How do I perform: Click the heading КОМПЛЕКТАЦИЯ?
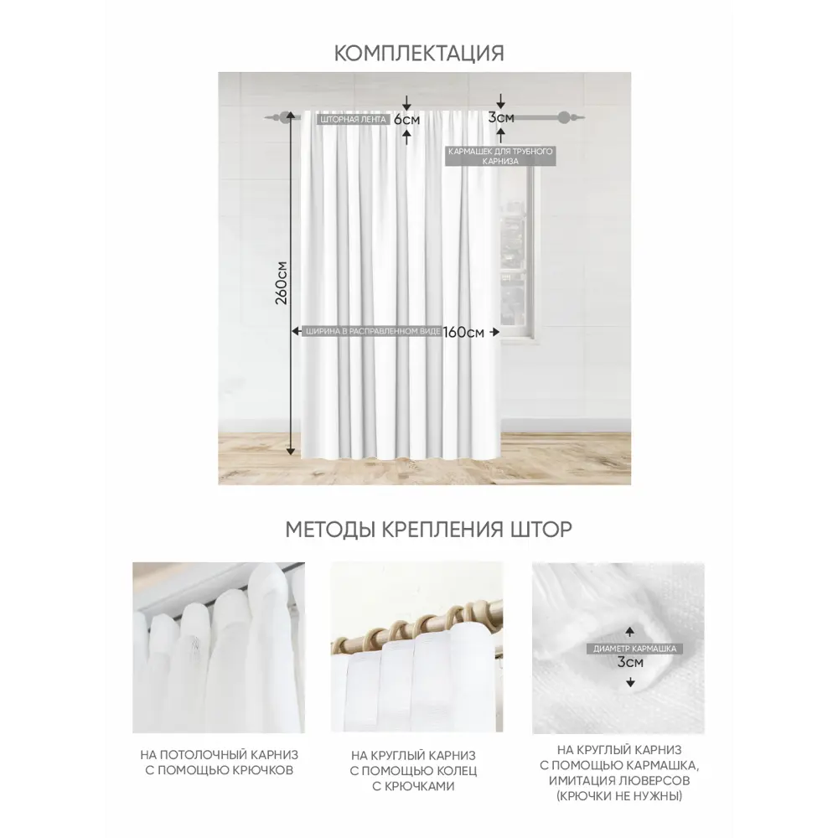click(x=419, y=54)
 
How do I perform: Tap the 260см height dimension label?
click(x=281, y=283)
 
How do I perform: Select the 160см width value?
click(x=463, y=332)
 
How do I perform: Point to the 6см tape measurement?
click(x=407, y=119)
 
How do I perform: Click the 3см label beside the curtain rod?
click(x=501, y=117)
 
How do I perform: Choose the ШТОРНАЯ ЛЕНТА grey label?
click(x=354, y=119)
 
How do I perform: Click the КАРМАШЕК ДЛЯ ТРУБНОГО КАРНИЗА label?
click(x=500, y=156)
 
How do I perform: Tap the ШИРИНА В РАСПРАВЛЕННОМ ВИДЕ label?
click(x=373, y=331)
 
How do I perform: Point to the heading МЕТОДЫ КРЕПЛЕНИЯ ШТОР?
click(x=428, y=529)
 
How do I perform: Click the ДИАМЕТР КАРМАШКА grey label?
click(x=634, y=649)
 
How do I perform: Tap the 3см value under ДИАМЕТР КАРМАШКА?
click(x=631, y=662)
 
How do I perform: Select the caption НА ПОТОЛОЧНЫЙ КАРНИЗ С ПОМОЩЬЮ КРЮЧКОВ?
click(x=219, y=763)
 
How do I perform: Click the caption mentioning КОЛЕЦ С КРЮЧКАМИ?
click(x=413, y=771)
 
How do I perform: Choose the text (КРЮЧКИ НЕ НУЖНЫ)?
click(x=619, y=796)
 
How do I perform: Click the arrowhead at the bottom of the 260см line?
click(x=290, y=451)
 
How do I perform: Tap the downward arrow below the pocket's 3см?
click(x=631, y=682)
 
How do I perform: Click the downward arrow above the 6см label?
click(x=406, y=103)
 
